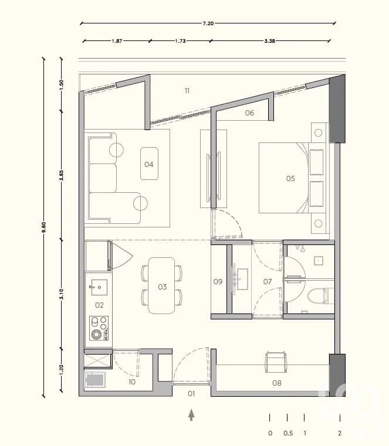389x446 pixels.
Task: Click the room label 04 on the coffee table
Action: [x=148, y=165]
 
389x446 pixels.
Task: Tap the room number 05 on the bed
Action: [x=290, y=179]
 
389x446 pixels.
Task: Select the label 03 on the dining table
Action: [x=162, y=287]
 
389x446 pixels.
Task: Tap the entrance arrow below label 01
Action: [x=191, y=415]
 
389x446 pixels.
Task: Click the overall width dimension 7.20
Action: [x=208, y=23]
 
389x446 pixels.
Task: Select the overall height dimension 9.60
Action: [x=43, y=227]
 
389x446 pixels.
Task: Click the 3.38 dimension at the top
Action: [x=270, y=42]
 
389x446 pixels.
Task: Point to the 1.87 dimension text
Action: [x=116, y=42]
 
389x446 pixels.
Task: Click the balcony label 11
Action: [x=187, y=91]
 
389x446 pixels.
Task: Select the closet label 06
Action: [x=249, y=113]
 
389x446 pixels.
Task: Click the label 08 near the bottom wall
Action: [x=276, y=384]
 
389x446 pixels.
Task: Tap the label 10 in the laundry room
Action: [x=131, y=382]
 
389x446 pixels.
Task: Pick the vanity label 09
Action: [x=218, y=282]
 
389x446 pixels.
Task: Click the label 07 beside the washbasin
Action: [x=268, y=282]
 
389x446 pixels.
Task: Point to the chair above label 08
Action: [x=275, y=361]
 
